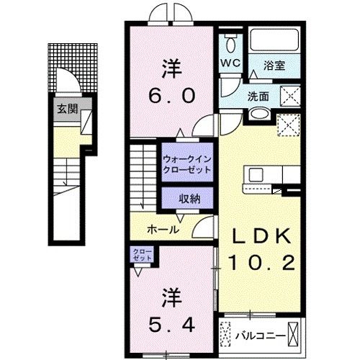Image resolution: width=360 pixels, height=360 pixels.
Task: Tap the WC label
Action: (230, 63)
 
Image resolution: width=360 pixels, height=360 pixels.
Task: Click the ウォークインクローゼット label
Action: (187, 163)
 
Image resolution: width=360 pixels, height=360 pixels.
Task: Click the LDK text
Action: (261, 237)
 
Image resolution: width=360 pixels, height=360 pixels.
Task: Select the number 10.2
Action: (261, 264)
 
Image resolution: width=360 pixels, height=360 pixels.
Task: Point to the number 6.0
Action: (171, 96)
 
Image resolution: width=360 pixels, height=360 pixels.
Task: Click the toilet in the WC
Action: (230, 43)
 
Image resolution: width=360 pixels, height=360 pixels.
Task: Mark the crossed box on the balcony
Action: (294, 335)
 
